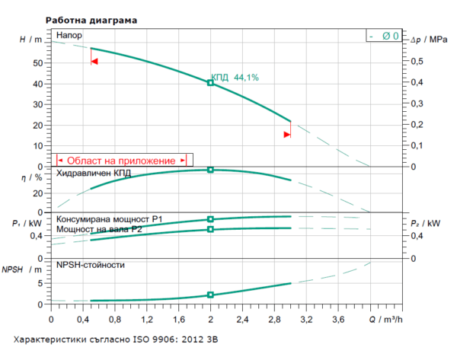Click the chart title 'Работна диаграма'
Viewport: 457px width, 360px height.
[x=91, y=21]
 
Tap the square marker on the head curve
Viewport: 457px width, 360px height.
[x=211, y=82]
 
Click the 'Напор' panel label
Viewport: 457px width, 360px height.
[x=69, y=36]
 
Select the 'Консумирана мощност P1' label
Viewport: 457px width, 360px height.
[x=110, y=219]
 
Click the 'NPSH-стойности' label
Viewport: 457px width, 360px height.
[x=91, y=265]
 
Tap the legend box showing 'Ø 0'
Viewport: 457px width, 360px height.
[x=383, y=36]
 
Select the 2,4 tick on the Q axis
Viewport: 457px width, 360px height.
[x=243, y=319]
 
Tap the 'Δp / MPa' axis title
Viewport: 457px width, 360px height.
[x=429, y=39]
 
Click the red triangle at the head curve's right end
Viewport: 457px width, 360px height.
[x=287, y=135]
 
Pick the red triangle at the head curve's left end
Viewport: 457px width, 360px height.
[x=94, y=61]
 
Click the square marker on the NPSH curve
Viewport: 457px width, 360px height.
[x=211, y=295]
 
